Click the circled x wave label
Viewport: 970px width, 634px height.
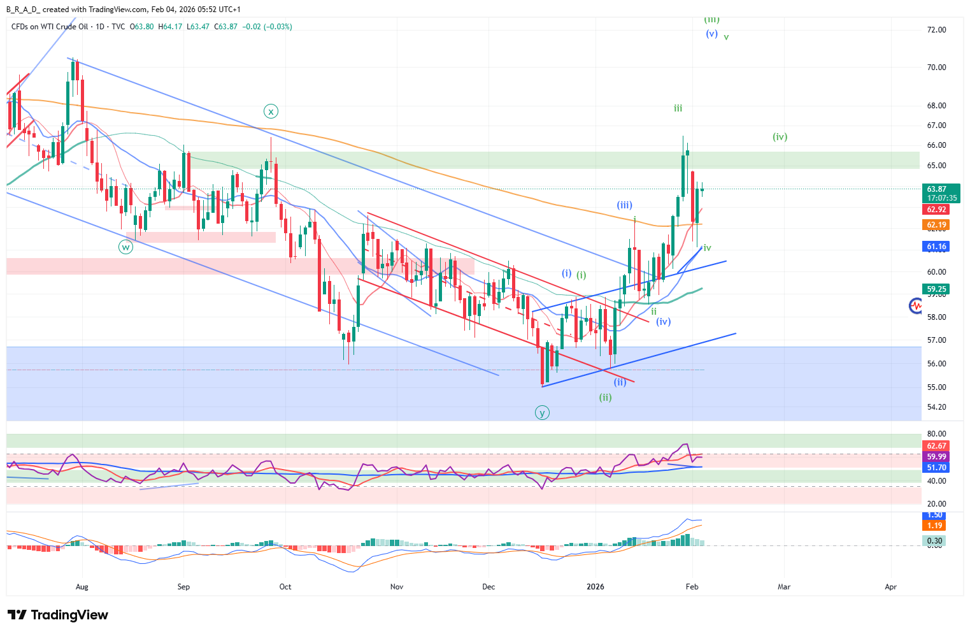pyautogui.click(x=271, y=112)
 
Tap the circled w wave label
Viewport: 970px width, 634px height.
pyautogui.click(x=125, y=247)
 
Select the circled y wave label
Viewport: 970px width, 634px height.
pyautogui.click(x=542, y=413)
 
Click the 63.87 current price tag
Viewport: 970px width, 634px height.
pyautogui.click(x=936, y=189)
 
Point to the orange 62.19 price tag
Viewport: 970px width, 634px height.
pyautogui.click(x=936, y=225)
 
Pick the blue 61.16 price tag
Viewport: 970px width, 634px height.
pyautogui.click(x=936, y=247)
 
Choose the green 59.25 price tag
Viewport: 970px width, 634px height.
pyautogui.click(x=936, y=289)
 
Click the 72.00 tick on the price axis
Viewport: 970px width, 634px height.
pyautogui.click(x=936, y=30)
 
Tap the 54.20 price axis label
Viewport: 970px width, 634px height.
pyautogui.click(x=936, y=407)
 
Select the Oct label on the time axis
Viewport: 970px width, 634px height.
pyautogui.click(x=285, y=587)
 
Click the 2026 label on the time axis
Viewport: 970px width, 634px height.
pyautogui.click(x=596, y=587)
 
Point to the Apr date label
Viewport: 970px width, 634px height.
pyautogui.click(x=890, y=587)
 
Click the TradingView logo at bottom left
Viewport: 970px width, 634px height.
pyautogui.click(x=58, y=615)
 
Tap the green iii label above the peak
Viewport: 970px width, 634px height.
pyautogui.click(x=678, y=109)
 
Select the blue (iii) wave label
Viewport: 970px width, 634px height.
pyautogui.click(x=624, y=205)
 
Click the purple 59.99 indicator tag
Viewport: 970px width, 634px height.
pyautogui.click(x=936, y=457)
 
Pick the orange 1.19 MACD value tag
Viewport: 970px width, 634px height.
pyautogui.click(x=935, y=526)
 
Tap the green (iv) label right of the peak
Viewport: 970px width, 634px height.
pyautogui.click(x=780, y=137)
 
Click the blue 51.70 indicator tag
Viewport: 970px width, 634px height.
pyautogui.click(x=936, y=468)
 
